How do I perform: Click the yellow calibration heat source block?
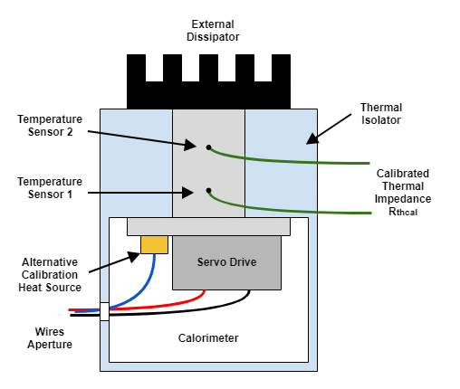(x=154, y=244)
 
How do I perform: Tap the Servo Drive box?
(x=226, y=262)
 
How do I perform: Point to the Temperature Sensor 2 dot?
(x=208, y=147)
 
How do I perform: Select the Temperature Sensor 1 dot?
(x=208, y=191)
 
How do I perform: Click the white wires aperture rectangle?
(x=104, y=311)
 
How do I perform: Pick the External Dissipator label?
(x=213, y=31)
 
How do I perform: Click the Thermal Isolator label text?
(x=381, y=114)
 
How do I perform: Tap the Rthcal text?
(x=403, y=212)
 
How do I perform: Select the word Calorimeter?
(x=208, y=338)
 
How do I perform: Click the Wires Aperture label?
(x=50, y=338)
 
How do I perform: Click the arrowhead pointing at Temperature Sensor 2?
(x=190, y=145)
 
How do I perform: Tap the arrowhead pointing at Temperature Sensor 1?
(x=187, y=193)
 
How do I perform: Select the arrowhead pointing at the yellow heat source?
(x=133, y=257)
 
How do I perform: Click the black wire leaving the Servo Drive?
(x=169, y=312)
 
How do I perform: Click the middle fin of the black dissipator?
(x=208, y=68)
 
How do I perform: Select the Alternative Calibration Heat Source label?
(x=50, y=275)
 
